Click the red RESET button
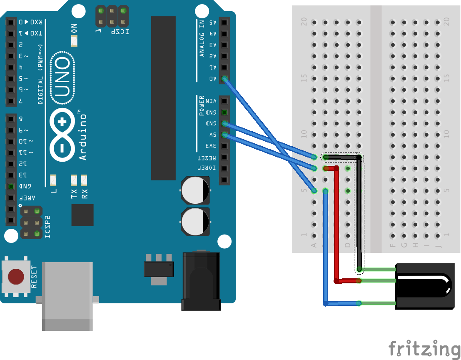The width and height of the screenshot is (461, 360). [16, 276]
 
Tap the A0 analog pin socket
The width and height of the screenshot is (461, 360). [224, 78]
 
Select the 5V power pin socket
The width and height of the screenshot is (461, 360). [224, 135]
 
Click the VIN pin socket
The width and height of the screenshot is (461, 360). [224, 101]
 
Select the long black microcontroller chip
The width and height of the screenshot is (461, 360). [163, 98]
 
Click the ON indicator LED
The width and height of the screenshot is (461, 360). [75, 41]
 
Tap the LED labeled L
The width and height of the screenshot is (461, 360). [53, 180]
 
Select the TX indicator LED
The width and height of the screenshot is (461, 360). [74, 180]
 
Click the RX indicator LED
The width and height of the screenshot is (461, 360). [84, 180]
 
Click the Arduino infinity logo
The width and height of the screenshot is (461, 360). [62, 135]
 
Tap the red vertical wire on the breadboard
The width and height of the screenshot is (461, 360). [336, 225]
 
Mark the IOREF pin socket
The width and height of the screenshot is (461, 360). [224, 169]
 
